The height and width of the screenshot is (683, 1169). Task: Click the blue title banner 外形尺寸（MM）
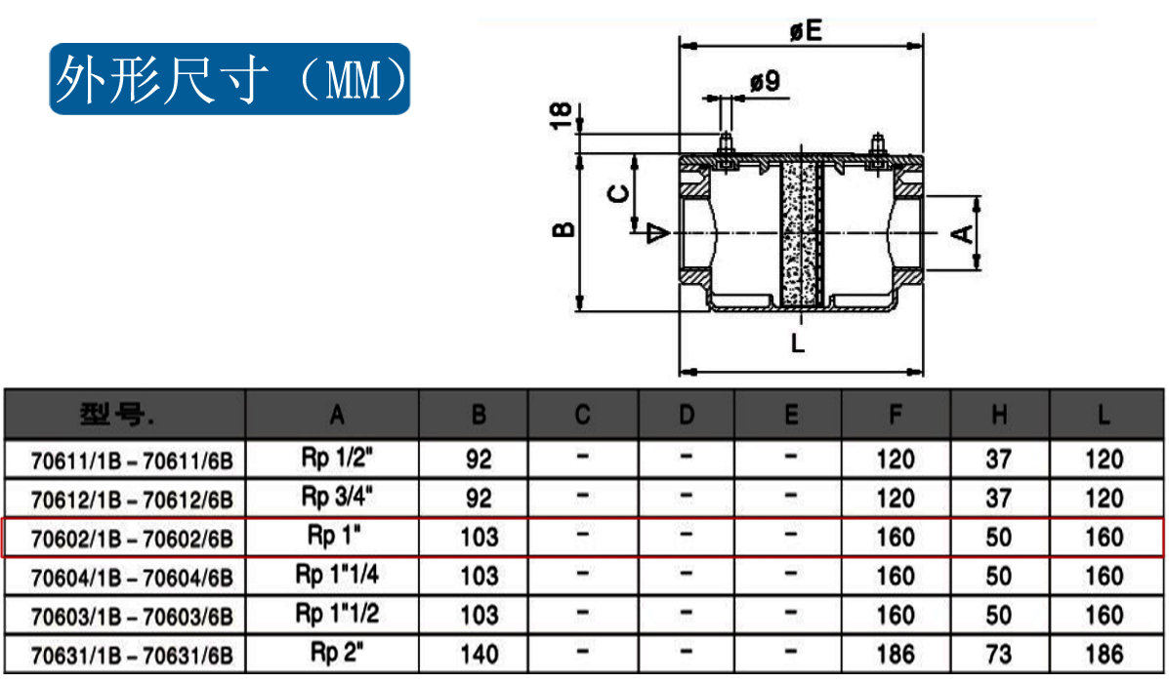point(230,79)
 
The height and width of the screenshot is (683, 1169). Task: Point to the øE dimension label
point(806,31)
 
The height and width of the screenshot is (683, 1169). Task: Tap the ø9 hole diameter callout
point(766,82)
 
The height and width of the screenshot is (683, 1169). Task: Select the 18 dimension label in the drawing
point(561,114)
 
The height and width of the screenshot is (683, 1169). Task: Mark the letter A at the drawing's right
point(962,232)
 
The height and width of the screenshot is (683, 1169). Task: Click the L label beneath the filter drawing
point(798,342)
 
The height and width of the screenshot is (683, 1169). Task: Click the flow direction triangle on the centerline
point(659,232)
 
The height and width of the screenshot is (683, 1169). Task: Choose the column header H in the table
point(998,416)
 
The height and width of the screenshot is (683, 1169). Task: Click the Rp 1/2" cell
point(337,457)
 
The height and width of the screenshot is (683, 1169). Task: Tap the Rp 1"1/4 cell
point(337,575)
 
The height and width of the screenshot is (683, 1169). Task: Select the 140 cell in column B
point(479,654)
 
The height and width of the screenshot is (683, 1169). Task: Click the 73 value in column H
point(998,654)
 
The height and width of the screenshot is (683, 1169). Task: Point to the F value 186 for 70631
point(896,654)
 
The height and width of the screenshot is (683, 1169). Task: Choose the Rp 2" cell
point(337,652)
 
